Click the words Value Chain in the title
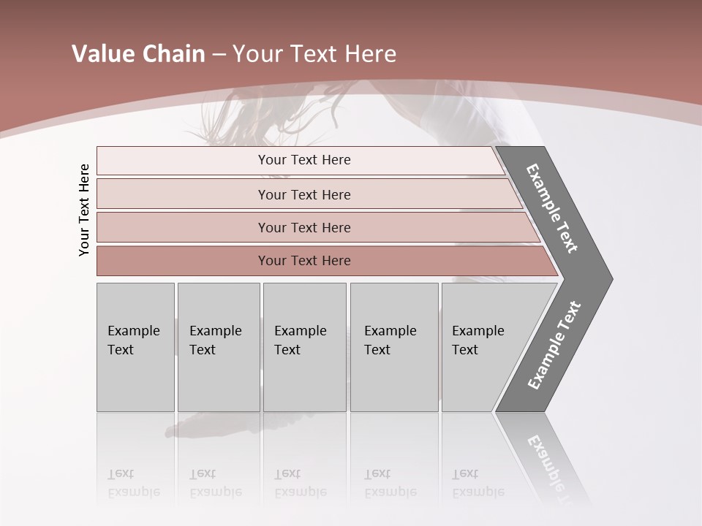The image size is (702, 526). (138, 54)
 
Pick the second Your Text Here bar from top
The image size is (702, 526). (304, 194)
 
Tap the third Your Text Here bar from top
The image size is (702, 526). (304, 227)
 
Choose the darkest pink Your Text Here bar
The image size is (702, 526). (304, 261)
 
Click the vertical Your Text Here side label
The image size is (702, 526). (84, 210)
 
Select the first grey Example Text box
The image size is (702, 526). (135, 346)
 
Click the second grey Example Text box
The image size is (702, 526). (218, 346)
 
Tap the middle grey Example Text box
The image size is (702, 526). (304, 346)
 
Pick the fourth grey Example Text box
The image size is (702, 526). (393, 346)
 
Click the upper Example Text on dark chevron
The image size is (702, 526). (553, 208)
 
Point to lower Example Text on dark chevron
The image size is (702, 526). (554, 345)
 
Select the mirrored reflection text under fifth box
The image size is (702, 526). (477, 483)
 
